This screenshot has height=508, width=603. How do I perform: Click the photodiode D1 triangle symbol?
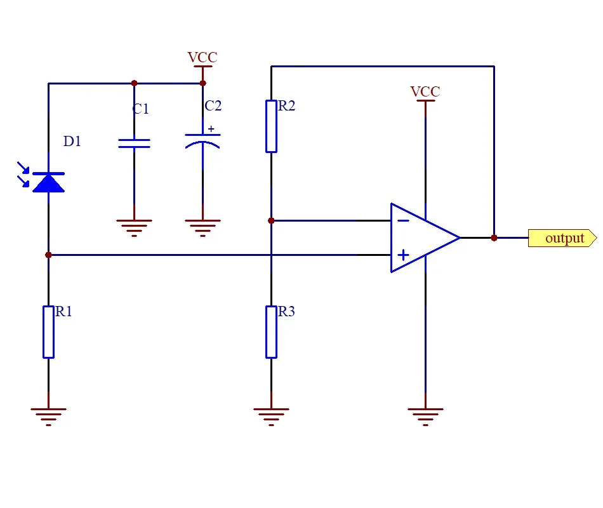click(x=48, y=183)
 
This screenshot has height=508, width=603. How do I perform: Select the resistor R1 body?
click(x=48, y=331)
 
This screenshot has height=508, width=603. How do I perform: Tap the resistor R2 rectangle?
click(x=271, y=126)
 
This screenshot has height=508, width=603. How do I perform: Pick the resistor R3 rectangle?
click(x=271, y=331)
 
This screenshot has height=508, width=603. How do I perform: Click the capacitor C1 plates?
click(x=134, y=144)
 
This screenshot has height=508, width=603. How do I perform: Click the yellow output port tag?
click(x=562, y=238)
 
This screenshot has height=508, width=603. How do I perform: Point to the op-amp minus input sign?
click(x=403, y=221)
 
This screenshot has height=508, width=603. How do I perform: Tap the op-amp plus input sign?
click(x=403, y=255)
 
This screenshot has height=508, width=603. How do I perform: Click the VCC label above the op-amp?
click(x=425, y=92)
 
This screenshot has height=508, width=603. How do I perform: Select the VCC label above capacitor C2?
click(x=202, y=58)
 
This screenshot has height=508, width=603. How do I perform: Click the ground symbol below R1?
click(x=48, y=416)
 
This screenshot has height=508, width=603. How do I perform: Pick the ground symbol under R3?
click(x=271, y=416)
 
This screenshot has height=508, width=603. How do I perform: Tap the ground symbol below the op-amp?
click(x=425, y=416)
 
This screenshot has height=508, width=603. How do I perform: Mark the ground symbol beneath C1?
click(x=134, y=227)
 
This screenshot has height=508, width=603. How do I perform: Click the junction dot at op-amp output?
click(x=494, y=237)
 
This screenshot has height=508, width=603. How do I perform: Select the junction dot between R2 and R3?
click(x=271, y=221)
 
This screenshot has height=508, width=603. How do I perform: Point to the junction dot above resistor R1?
click(x=48, y=255)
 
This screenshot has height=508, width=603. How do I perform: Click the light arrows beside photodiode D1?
click(x=23, y=175)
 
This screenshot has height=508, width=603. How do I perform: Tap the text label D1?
click(x=72, y=142)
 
